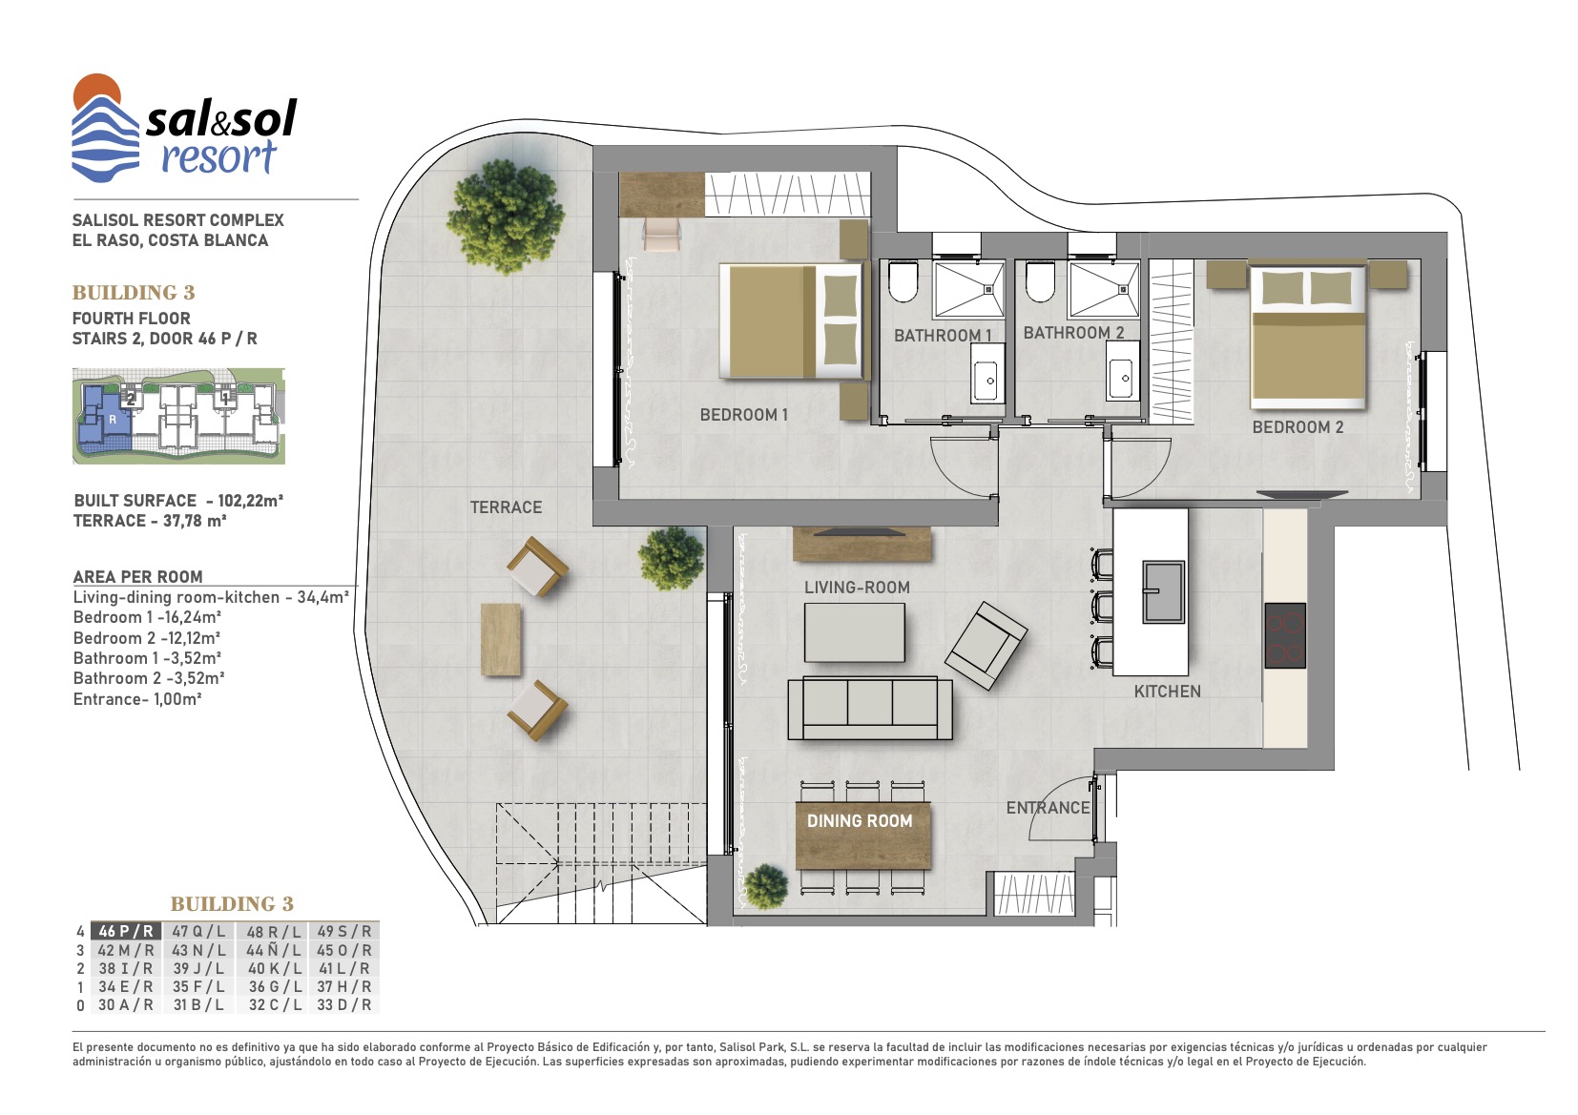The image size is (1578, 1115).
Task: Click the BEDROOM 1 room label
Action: pos(743,415)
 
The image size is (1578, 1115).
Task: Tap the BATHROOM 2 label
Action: pos(1073,333)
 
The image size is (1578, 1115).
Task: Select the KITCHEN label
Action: pos(1168,692)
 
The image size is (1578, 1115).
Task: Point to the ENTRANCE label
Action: pos(1048,808)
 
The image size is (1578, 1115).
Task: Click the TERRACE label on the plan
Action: pos(506,507)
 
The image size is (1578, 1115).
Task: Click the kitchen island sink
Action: pos(1163,591)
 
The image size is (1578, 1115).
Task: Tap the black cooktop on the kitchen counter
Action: pos(1285,635)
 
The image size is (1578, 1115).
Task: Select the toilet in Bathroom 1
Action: pos(903,281)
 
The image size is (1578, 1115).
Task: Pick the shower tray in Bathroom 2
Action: pos(1103,290)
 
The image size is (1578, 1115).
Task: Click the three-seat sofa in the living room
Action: pos(870,708)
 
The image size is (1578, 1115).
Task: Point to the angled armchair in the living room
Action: pos(986,646)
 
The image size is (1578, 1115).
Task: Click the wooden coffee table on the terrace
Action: pos(501,640)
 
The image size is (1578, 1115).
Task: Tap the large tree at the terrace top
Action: pos(506,217)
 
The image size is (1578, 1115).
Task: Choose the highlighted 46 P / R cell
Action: pos(126,931)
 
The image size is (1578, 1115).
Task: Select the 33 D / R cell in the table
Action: pos(343,1005)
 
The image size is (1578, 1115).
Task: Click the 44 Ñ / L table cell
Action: pos(273,950)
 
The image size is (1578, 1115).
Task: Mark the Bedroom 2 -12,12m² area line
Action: pos(147,638)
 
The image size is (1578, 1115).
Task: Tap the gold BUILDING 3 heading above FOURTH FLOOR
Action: pos(134,292)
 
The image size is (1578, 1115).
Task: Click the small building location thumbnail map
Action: pos(179,416)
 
